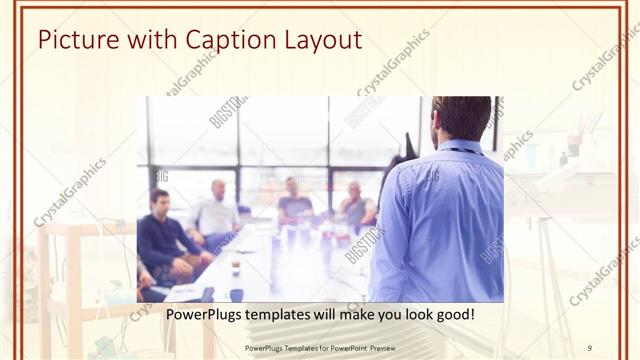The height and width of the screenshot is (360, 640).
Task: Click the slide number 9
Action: pyautogui.click(x=590, y=347)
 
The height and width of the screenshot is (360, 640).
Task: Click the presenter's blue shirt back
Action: pyautogui.click(x=435, y=220)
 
